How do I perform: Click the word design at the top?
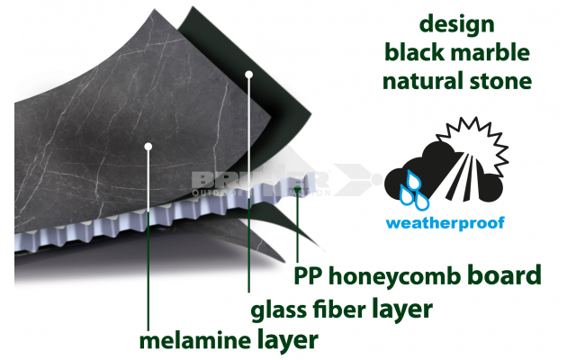pyautogui.click(x=457, y=24)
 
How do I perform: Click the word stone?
pyautogui.click(x=499, y=82)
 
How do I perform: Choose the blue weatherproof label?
pyautogui.click(x=445, y=221)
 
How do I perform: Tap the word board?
pyautogui.click(x=508, y=274)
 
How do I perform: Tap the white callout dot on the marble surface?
pyautogui.click(x=148, y=145)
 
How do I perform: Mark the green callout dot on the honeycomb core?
pyautogui.click(x=297, y=188)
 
